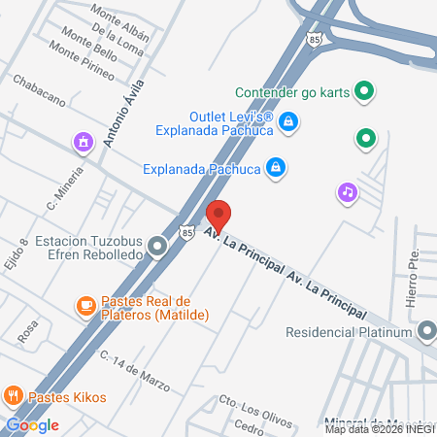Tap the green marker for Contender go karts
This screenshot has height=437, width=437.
click(x=365, y=93)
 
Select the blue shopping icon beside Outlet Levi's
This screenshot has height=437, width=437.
click(x=287, y=121)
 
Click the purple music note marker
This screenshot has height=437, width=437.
click(x=347, y=192)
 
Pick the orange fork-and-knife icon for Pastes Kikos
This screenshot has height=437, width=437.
click(x=14, y=395)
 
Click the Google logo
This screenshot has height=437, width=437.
click(x=32, y=424)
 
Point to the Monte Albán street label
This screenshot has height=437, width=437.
click(x=119, y=15)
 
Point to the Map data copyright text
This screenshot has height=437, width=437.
click(x=380, y=428)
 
